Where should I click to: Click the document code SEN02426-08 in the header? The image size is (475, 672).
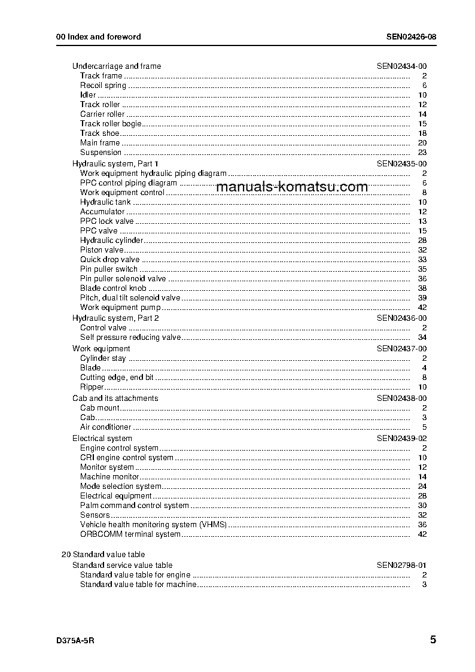(x=411, y=37)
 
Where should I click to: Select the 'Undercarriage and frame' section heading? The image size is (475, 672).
(x=117, y=66)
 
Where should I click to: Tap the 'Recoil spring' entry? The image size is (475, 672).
(x=103, y=86)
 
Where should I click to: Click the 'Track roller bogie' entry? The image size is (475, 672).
(x=111, y=124)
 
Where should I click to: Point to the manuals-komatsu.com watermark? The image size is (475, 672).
(x=292, y=187)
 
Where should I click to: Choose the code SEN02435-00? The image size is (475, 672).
(x=401, y=163)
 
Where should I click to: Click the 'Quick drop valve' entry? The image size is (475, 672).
(x=110, y=260)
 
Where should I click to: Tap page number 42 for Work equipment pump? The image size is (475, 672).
(x=422, y=308)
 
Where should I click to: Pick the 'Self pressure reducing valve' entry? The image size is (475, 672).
(x=130, y=337)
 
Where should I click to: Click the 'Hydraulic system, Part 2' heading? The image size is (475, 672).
(x=115, y=318)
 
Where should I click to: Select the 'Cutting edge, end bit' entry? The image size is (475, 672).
(x=117, y=378)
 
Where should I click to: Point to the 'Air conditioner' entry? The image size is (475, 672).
(x=106, y=427)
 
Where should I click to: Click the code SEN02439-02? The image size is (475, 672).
(x=401, y=439)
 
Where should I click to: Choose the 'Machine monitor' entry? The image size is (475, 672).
(x=109, y=477)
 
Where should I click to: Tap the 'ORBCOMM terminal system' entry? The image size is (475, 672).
(x=130, y=534)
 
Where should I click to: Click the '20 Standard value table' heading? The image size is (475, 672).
(x=103, y=555)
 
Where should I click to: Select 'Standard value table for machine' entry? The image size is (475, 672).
(x=138, y=585)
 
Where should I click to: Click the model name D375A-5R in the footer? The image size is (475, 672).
(x=75, y=640)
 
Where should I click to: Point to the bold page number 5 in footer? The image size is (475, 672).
(x=433, y=640)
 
